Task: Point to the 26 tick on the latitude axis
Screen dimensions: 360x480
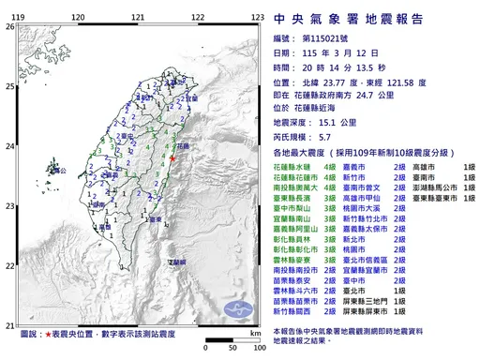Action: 9,27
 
